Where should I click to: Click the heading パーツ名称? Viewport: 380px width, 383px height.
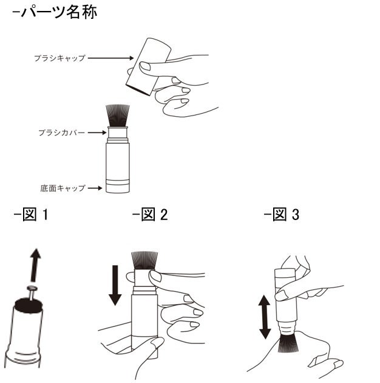click(x=54, y=13)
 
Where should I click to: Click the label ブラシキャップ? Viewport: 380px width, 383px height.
click(x=59, y=58)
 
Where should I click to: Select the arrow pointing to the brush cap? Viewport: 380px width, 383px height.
click(x=113, y=58)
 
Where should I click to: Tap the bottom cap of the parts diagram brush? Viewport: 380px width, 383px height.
click(x=117, y=186)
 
